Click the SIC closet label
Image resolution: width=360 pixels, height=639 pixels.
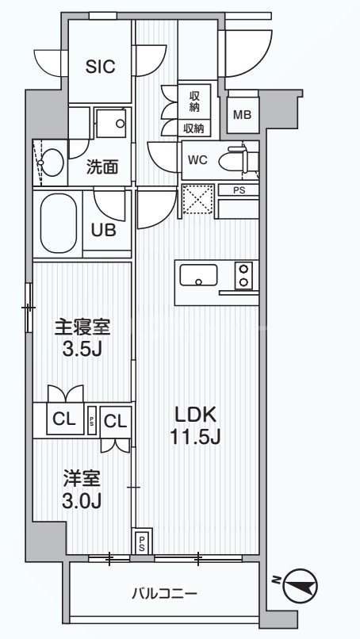tap(101, 67)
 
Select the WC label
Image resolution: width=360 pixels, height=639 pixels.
tap(197, 159)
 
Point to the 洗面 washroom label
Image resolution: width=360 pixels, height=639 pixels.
tap(103, 166)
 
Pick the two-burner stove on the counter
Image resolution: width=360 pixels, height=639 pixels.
tap(242, 276)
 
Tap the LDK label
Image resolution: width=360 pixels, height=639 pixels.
tap(195, 415)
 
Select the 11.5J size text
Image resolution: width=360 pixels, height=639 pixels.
tap(195, 437)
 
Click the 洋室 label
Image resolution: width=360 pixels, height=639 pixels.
tap(82, 479)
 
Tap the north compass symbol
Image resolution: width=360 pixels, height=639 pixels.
tap(301, 584)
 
